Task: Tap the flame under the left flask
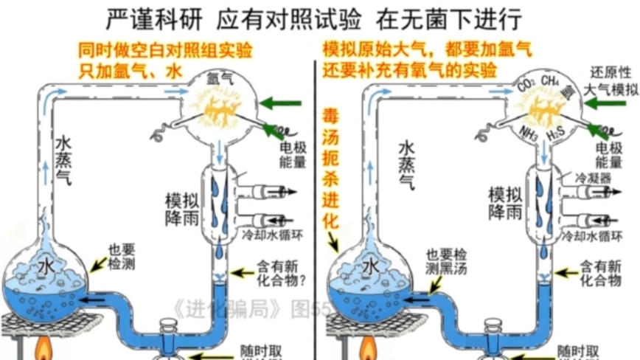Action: click(x=38, y=347)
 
